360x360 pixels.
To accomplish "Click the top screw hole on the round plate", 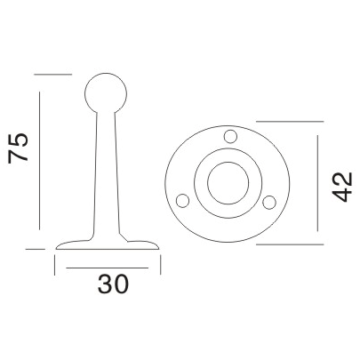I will click(230, 137).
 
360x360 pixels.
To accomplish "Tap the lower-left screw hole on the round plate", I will click(184, 199).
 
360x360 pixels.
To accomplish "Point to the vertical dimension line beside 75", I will click(40, 160).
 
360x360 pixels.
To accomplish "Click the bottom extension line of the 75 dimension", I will click(36, 250).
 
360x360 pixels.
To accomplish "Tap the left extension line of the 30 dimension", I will click(56, 264).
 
